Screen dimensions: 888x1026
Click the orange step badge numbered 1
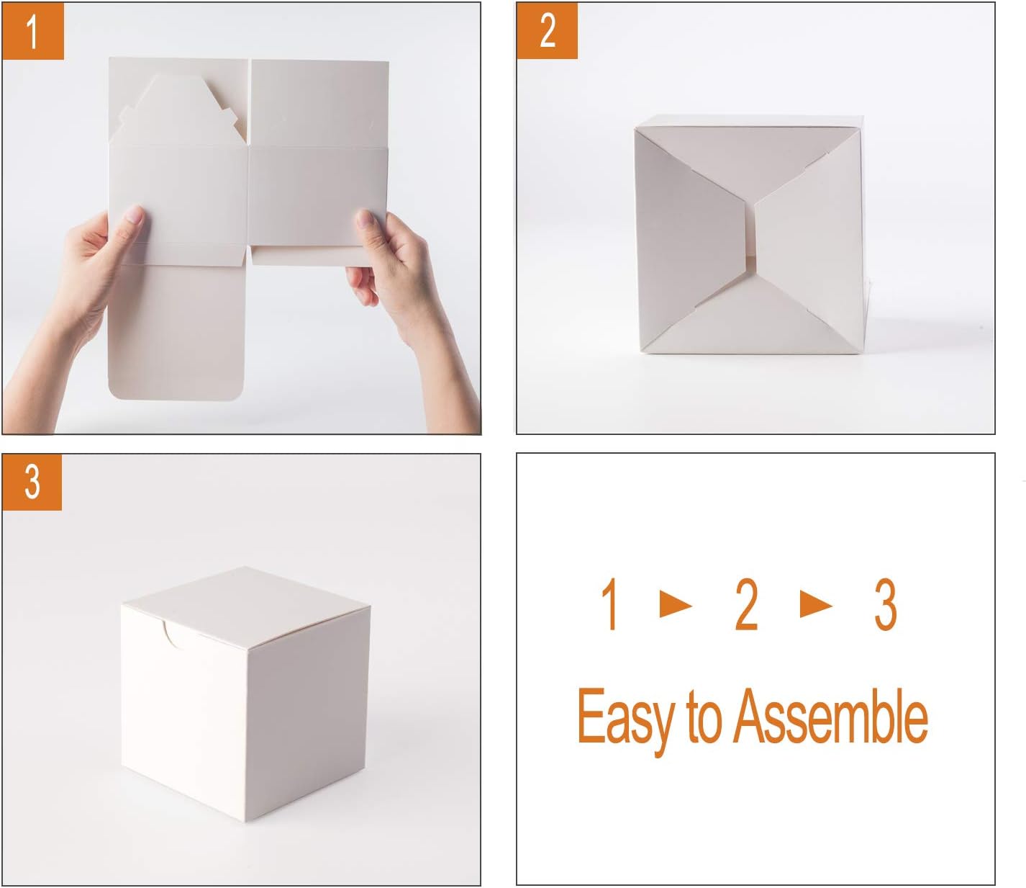tap(33, 31)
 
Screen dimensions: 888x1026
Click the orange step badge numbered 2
tap(548, 31)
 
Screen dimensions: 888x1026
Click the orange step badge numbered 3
tap(32, 481)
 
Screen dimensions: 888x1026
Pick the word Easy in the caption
tap(625, 717)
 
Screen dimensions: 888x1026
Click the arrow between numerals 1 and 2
tap(675, 605)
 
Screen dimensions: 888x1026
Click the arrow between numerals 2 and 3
tap(815, 605)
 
